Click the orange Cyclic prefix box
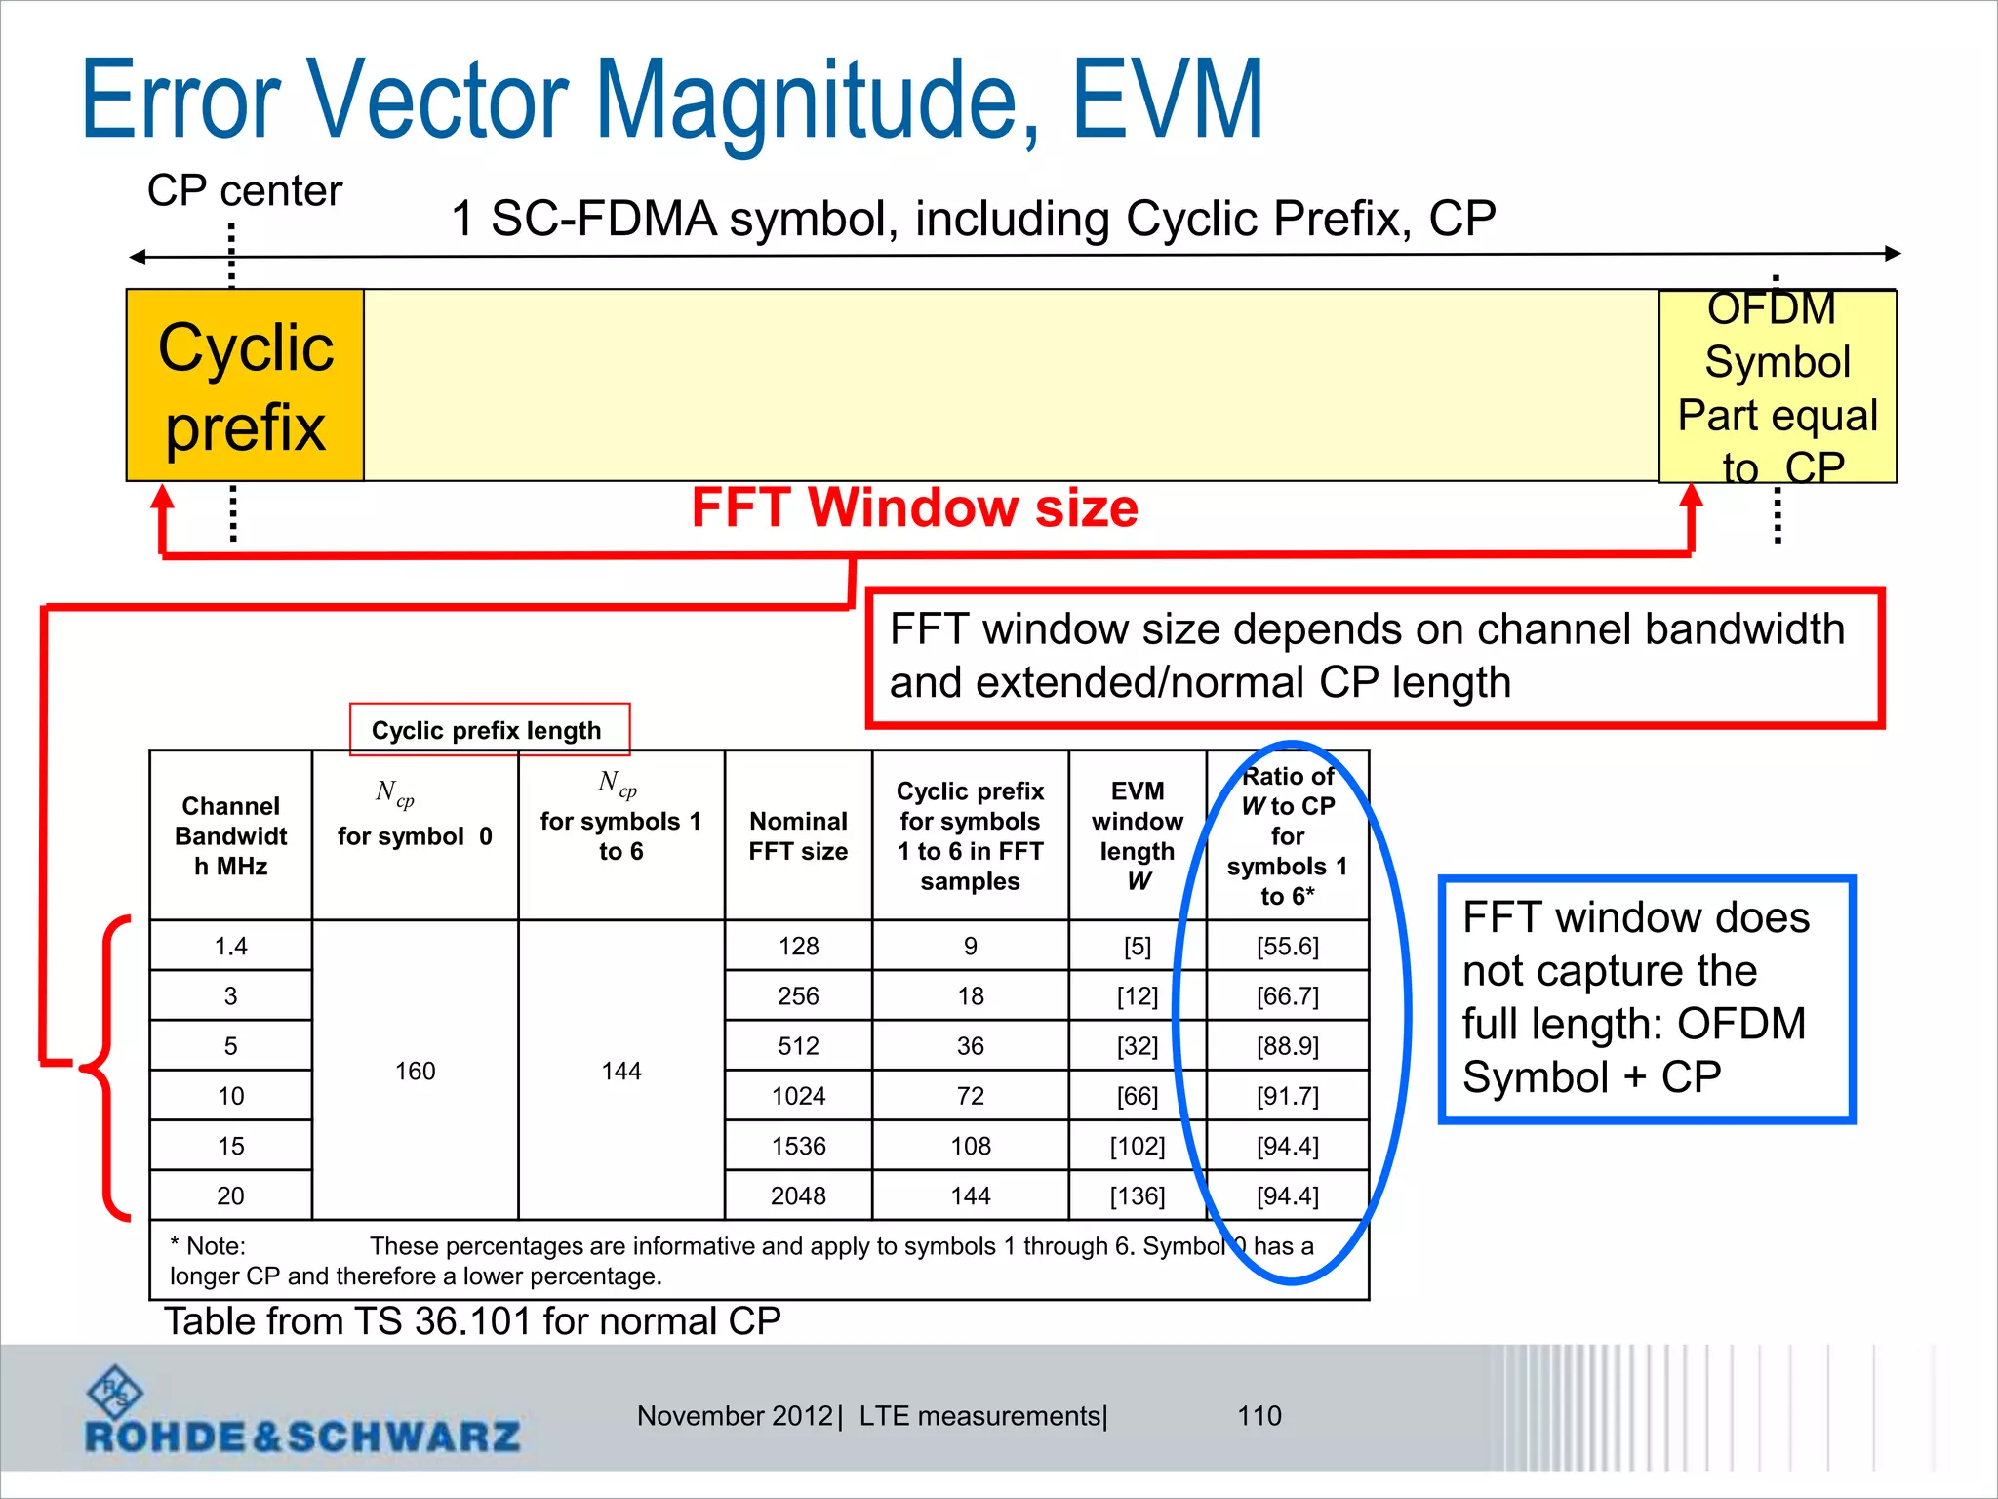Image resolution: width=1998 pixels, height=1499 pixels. pos(245,385)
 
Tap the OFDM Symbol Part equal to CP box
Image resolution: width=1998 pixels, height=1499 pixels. pos(1778,387)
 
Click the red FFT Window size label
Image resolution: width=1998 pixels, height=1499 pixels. pos(914,508)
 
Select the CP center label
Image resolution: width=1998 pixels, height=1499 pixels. pos(244,191)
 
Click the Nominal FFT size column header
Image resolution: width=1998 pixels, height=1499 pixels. pos(798,836)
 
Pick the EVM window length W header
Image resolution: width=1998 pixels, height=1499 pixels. pos(1137,836)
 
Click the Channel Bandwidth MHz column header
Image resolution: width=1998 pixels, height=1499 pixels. pos(231,836)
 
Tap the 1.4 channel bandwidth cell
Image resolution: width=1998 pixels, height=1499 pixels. pos(231,946)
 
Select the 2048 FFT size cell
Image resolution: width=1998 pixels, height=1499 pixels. pos(798,1195)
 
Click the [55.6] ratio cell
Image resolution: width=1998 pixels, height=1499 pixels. pos(1288,946)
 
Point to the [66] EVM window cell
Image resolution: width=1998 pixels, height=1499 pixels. pos(1137,1096)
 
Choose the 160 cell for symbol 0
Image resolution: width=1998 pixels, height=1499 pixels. pos(415,1071)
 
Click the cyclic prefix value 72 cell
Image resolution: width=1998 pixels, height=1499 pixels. pos(970,1096)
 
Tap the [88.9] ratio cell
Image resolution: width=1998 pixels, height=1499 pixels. pos(1288,1046)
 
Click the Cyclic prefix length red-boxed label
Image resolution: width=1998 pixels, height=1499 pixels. pos(488,730)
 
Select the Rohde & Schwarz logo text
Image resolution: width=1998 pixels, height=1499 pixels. pos(302,1437)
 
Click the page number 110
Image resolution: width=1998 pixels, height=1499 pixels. pos(1259,1416)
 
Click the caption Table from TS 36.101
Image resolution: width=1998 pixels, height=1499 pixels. pos(472,1321)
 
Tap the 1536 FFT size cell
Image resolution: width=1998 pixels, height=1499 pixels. pos(798,1146)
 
